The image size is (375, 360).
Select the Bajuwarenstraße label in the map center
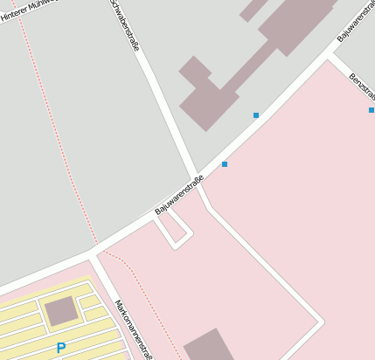pos(179,196)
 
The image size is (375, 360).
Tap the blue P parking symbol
pos(60,348)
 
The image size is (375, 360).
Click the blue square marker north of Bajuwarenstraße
pos(256,115)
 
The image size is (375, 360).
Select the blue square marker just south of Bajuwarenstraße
pos(225,164)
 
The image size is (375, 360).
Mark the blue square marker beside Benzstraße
pos(372,110)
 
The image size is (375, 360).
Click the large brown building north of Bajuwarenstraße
pos(253,61)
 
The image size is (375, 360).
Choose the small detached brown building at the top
pos(254,9)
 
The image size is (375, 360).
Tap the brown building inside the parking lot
pos(60,310)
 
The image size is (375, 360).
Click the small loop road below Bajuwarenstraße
pos(173,229)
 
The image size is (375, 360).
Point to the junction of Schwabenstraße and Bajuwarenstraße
pos(196,177)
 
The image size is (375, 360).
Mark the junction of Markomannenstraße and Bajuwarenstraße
pos(94,255)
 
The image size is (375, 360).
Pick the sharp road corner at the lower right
pos(320,323)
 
